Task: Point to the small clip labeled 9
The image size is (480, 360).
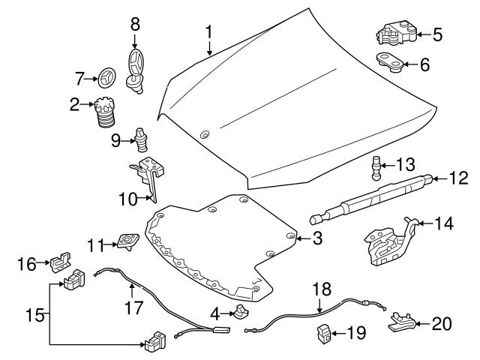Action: (141, 139)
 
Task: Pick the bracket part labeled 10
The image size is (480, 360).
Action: (151, 177)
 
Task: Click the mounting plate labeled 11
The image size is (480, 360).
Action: (127, 241)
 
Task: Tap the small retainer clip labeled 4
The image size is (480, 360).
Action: (241, 311)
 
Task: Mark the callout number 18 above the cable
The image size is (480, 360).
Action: (320, 287)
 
